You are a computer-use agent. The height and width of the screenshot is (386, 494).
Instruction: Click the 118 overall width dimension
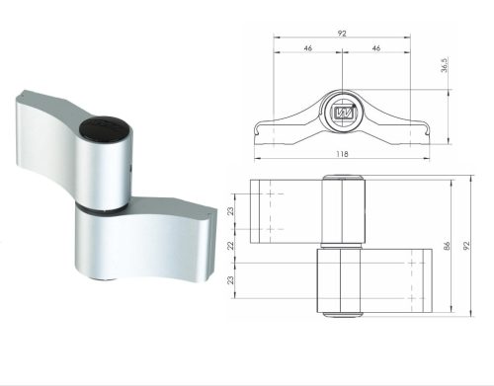pyautogui.click(x=342, y=154)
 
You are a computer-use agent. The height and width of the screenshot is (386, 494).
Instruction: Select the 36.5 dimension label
pyautogui.click(x=445, y=65)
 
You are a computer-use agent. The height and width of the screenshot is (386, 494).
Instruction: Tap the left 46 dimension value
pyautogui.click(x=307, y=48)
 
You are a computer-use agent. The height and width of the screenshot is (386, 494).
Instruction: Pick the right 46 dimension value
pyautogui.click(x=376, y=48)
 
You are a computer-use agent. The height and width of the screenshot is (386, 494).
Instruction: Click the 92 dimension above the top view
pyautogui.click(x=342, y=34)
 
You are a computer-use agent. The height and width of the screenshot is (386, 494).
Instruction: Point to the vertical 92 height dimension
pyautogui.click(x=466, y=246)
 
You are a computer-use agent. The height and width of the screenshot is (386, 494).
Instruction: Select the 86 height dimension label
pyautogui.click(x=447, y=246)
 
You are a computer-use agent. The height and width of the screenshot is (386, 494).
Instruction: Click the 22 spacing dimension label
pyautogui.click(x=231, y=246)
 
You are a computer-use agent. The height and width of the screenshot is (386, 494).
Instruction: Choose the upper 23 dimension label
pyautogui.click(x=231, y=211)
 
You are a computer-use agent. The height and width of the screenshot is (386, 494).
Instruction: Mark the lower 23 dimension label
pyautogui.click(x=231, y=280)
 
